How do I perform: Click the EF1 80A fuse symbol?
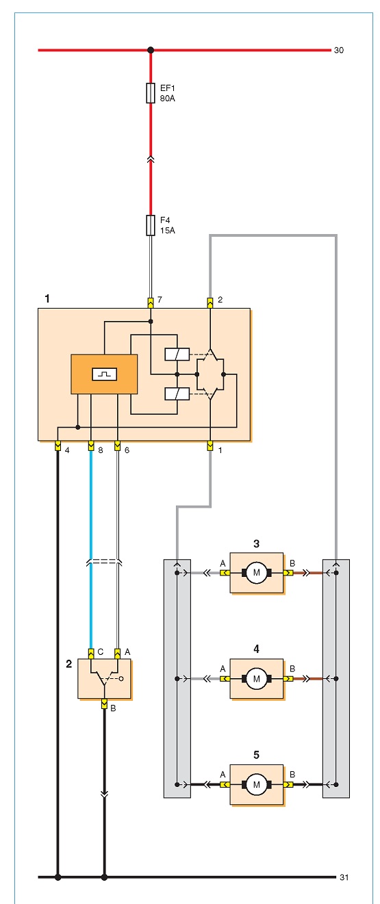coord(150,93)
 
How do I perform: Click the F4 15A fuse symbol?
coord(150,225)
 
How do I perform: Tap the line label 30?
coord(339,50)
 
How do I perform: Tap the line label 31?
coord(344,877)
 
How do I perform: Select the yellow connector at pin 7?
coord(151,302)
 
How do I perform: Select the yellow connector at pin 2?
coord(210,302)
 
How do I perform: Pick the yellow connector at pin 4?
coord(58,446)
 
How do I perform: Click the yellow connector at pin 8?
coord(91,446)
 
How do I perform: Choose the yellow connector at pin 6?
coord(118,446)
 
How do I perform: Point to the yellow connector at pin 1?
coord(210,446)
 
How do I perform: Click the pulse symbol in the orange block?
coord(105,374)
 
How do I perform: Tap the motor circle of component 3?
coord(257,572)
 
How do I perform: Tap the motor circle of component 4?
coord(257,678)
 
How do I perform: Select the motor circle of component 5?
coord(257,784)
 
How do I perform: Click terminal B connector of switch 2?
coord(104,703)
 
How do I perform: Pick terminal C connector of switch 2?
coord(91,654)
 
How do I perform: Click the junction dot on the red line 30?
coord(151,50)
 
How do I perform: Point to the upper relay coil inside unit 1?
coord(177,354)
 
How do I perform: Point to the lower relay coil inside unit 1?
coord(177,393)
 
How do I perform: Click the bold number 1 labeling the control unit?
coord(47,298)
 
